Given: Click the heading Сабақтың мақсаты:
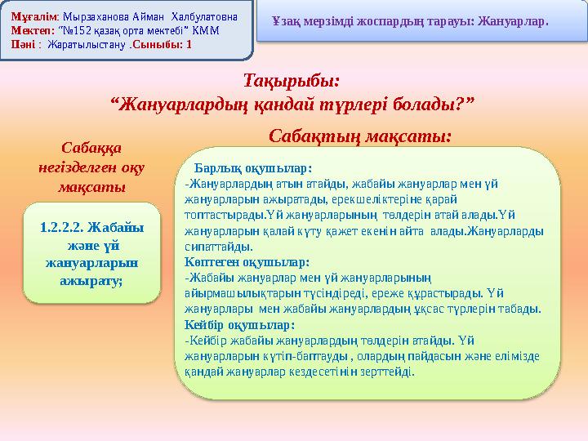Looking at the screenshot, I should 360,135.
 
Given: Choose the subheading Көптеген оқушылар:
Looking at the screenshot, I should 247,262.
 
